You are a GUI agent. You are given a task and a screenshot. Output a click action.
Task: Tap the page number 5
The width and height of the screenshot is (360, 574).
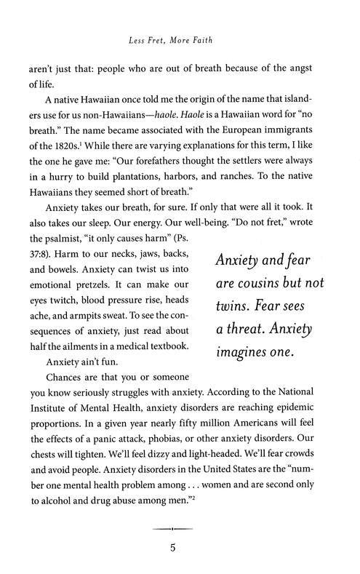click(x=180, y=548)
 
